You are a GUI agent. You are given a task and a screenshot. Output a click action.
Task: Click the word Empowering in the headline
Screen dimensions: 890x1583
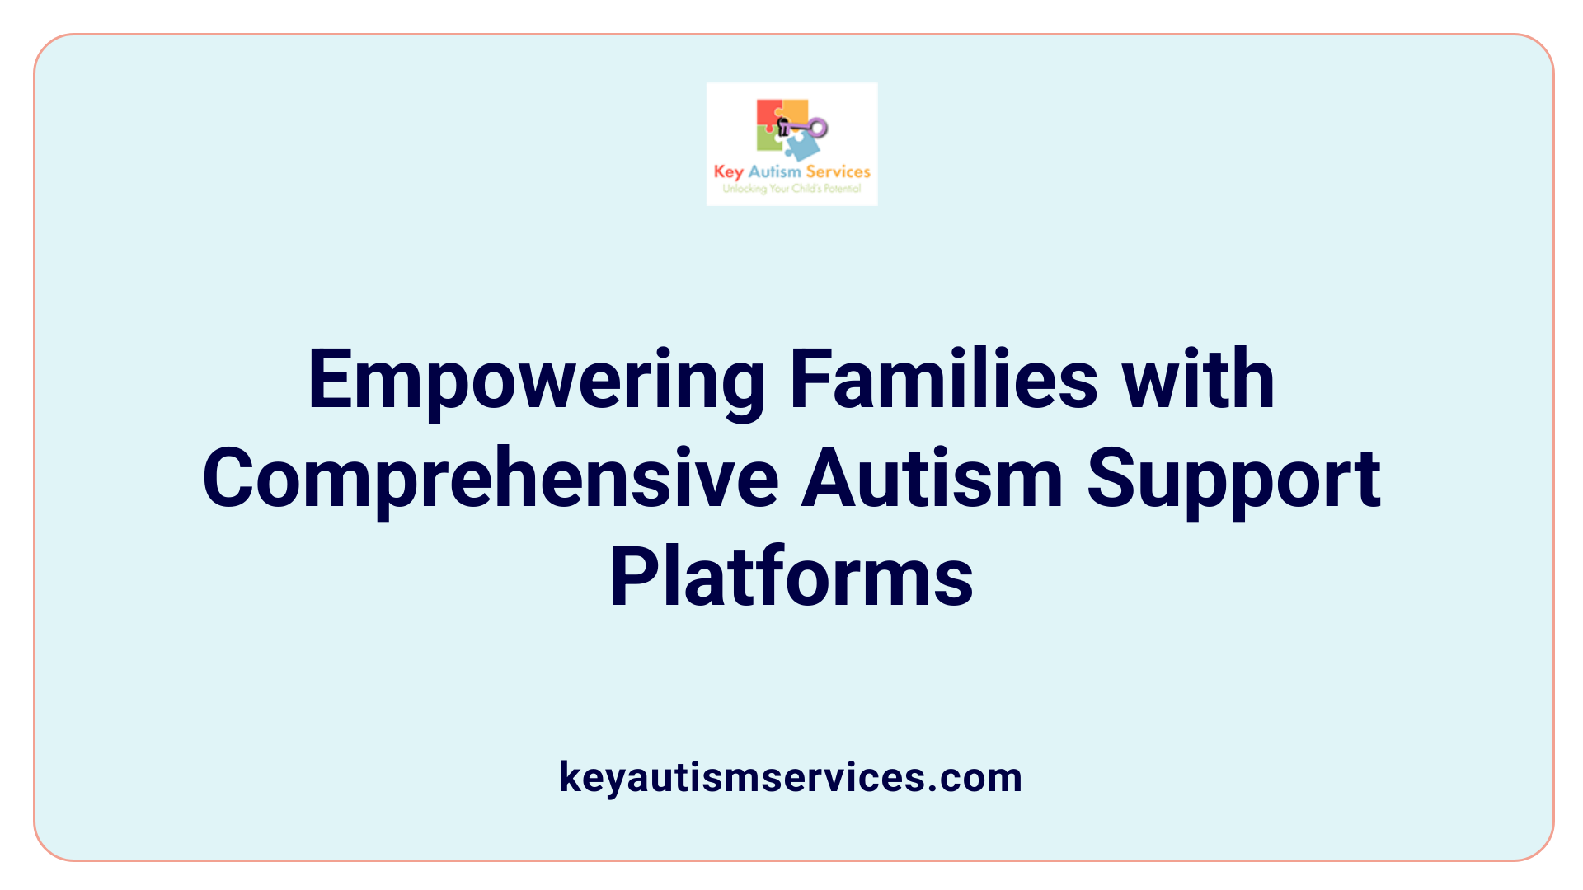click(x=536, y=381)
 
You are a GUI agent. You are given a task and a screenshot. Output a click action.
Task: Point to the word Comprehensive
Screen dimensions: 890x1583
click(x=491, y=480)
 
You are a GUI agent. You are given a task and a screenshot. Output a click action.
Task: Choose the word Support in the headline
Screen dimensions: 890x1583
click(x=1233, y=480)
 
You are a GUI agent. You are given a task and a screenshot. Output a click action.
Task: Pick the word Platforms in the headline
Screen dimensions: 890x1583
click(x=791, y=577)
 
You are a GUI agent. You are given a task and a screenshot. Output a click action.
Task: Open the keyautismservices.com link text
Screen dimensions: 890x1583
click(x=791, y=777)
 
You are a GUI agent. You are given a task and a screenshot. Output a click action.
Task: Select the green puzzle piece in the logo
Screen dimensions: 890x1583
click(x=768, y=139)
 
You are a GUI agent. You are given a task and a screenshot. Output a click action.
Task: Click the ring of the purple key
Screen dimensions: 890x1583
click(x=818, y=128)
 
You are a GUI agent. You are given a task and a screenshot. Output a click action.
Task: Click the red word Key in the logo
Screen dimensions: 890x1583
click(x=728, y=172)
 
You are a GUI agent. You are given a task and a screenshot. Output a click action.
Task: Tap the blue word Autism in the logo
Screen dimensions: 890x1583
click(x=774, y=171)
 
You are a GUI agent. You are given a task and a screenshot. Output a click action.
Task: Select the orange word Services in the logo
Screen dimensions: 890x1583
click(x=838, y=171)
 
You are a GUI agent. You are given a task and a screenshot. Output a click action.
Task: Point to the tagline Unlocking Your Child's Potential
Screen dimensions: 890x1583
click(x=791, y=189)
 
